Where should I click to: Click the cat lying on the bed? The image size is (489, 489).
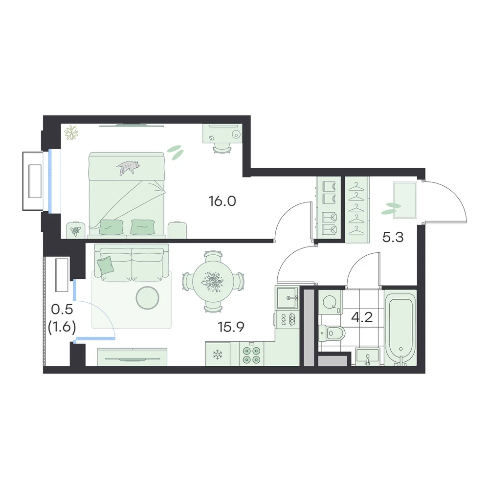tap(128, 167)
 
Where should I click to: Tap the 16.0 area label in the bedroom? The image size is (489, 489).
tap(222, 201)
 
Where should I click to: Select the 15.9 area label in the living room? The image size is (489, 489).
tap(231, 327)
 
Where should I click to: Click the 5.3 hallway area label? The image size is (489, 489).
tap(393, 238)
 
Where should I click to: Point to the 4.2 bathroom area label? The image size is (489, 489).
tap(362, 317)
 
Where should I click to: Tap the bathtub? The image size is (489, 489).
tap(400, 328)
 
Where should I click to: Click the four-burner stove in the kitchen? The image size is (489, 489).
tap(251, 354)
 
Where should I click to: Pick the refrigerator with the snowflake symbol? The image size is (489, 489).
tap(218, 354)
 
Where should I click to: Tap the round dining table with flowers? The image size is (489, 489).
tap(213, 282)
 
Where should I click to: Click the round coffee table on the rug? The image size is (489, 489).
tap(148, 297)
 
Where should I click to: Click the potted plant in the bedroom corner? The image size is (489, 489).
tap(71, 133)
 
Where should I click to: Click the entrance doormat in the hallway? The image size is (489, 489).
tap(405, 200)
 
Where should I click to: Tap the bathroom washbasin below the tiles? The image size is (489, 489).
tap(368, 357)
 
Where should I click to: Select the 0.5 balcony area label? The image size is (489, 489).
tap(62, 310)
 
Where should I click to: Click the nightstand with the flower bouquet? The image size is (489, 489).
tap(75, 230)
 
